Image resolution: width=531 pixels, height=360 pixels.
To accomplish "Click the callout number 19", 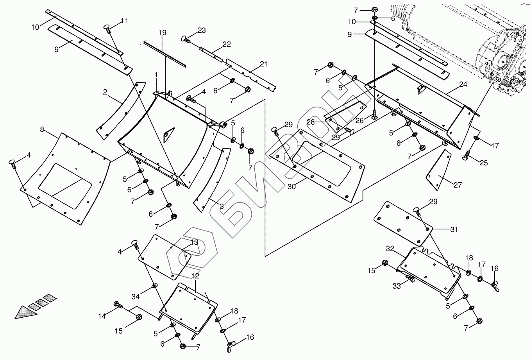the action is pyautogui.click(x=163, y=32).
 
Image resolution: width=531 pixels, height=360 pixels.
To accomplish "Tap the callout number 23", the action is pyautogui.click(x=202, y=30).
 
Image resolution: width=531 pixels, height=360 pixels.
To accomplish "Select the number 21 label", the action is pyautogui.click(x=263, y=64).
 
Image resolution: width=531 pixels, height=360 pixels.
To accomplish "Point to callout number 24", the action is pyautogui.click(x=463, y=84).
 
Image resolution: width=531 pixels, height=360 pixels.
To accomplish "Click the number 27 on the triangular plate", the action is pyautogui.click(x=458, y=185).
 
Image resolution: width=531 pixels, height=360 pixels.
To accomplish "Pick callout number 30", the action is pyautogui.click(x=291, y=187).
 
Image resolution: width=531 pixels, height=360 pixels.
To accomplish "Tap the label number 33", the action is pyautogui.click(x=397, y=286).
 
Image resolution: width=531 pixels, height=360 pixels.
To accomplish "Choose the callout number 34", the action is pyautogui.click(x=136, y=296).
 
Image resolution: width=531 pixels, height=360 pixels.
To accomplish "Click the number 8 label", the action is pyautogui.click(x=42, y=129).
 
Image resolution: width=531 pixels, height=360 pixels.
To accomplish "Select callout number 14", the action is pyautogui.click(x=102, y=316).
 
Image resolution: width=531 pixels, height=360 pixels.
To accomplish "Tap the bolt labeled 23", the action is pyautogui.click(x=186, y=39).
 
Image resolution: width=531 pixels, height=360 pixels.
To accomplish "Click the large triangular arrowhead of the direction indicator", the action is pyautogui.click(x=25, y=312).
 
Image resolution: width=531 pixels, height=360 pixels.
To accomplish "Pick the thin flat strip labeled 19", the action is pyautogui.click(x=164, y=54).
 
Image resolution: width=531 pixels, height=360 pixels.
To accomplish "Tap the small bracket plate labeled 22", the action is pyautogui.click(x=211, y=55).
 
